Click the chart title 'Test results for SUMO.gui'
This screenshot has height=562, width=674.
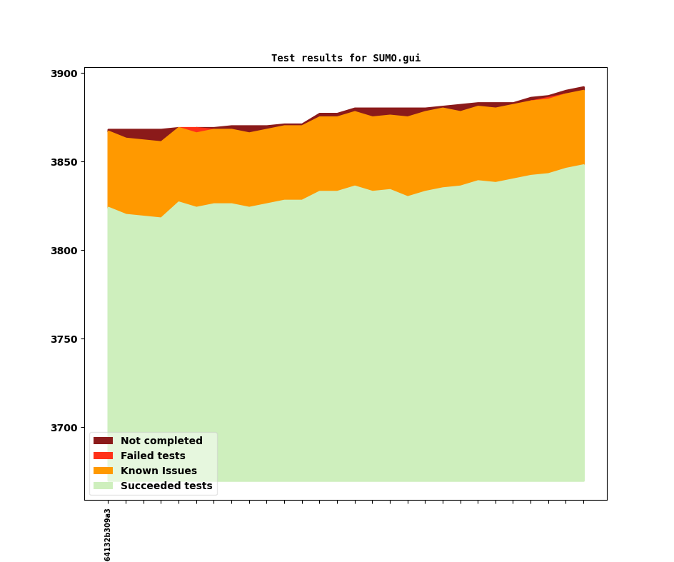tap(346, 59)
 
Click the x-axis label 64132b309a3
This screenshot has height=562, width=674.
tap(108, 535)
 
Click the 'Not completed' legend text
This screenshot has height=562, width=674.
tap(161, 441)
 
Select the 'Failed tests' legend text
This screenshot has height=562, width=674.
tap(153, 456)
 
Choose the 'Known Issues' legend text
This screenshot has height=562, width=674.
tap(159, 471)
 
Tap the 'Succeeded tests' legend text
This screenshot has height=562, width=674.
tap(166, 486)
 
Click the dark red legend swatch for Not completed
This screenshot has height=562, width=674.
tap(103, 441)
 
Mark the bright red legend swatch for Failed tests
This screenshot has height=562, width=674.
tap(103, 456)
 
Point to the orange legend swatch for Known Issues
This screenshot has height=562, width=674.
tap(103, 471)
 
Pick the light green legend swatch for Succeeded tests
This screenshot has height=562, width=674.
tap(103, 486)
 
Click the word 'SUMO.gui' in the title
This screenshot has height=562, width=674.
tap(396, 59)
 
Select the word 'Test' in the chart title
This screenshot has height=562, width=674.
tap(283, 59)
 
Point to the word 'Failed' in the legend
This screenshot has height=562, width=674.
tap(137, 456)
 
